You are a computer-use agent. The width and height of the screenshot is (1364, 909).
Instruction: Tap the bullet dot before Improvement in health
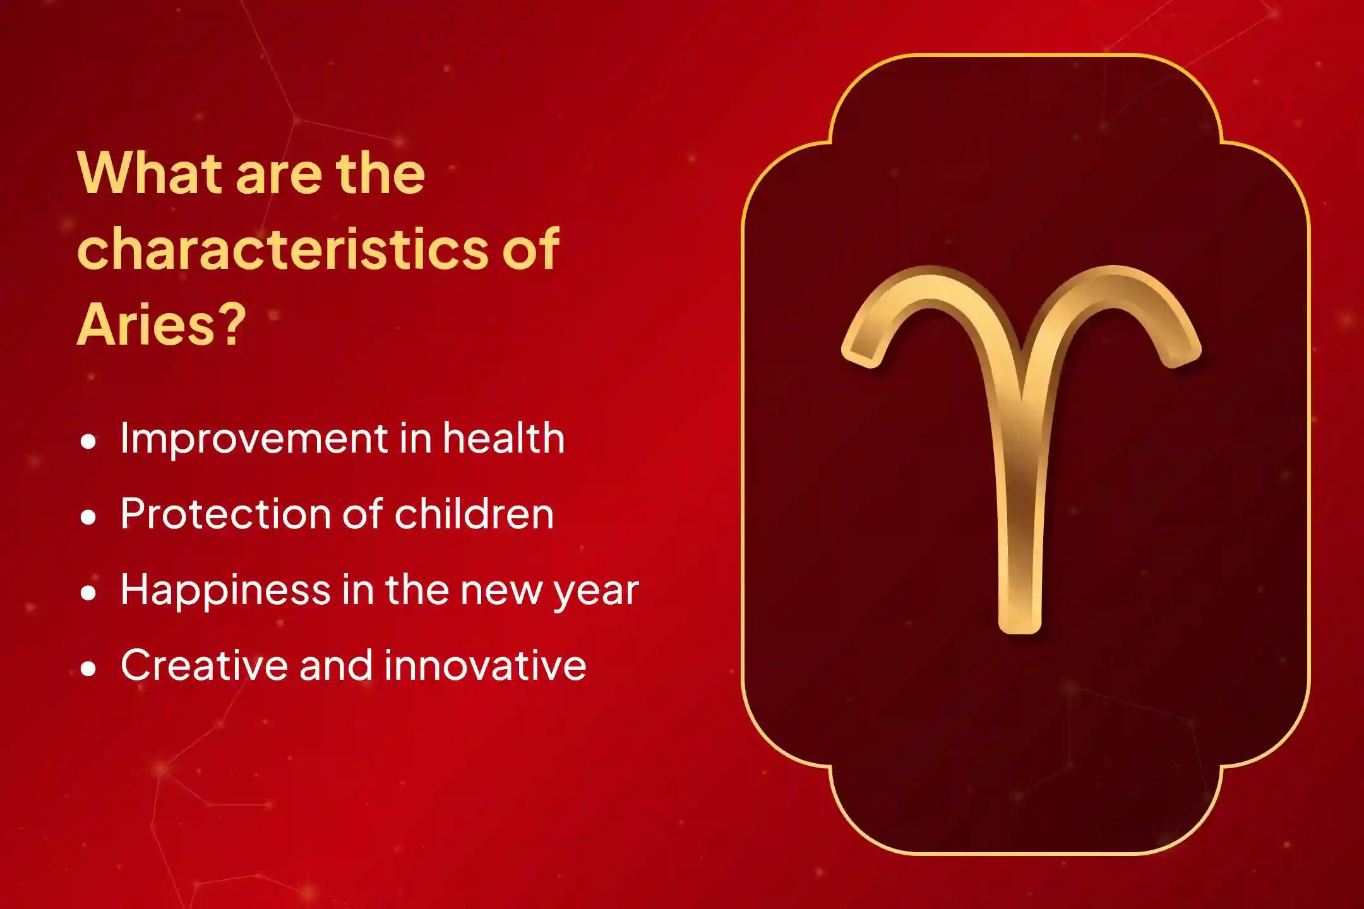pyautogui.click(x=89, y=442)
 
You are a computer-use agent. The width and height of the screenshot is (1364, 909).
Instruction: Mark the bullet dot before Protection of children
pyautogui.click(x=89, y=518)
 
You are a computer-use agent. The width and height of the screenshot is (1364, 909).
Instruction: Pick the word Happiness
pyautogui.click(x=225, y=591)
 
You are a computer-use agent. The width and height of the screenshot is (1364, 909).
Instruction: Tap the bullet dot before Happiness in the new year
pyautogui.click(x=89, y=593)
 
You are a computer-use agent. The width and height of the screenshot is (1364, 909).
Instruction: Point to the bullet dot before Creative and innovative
pyautogui.click(x=89, y=669)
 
